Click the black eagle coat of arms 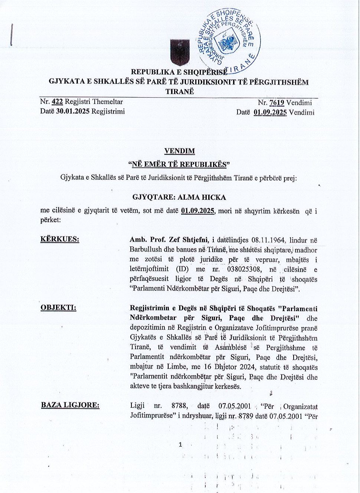pos(180,52)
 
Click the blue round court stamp pos(229,40)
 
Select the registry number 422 pos(57,102)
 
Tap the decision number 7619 pos(276,103)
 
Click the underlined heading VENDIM pos(180,151)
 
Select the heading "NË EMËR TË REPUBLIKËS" pos(179,164)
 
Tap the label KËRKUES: pos(60,239)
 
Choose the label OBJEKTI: pos(58,307)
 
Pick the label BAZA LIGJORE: pos(70,405)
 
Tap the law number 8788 pos(179,406)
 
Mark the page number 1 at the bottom pos(180,444)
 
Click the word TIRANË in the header pos(180,92)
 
